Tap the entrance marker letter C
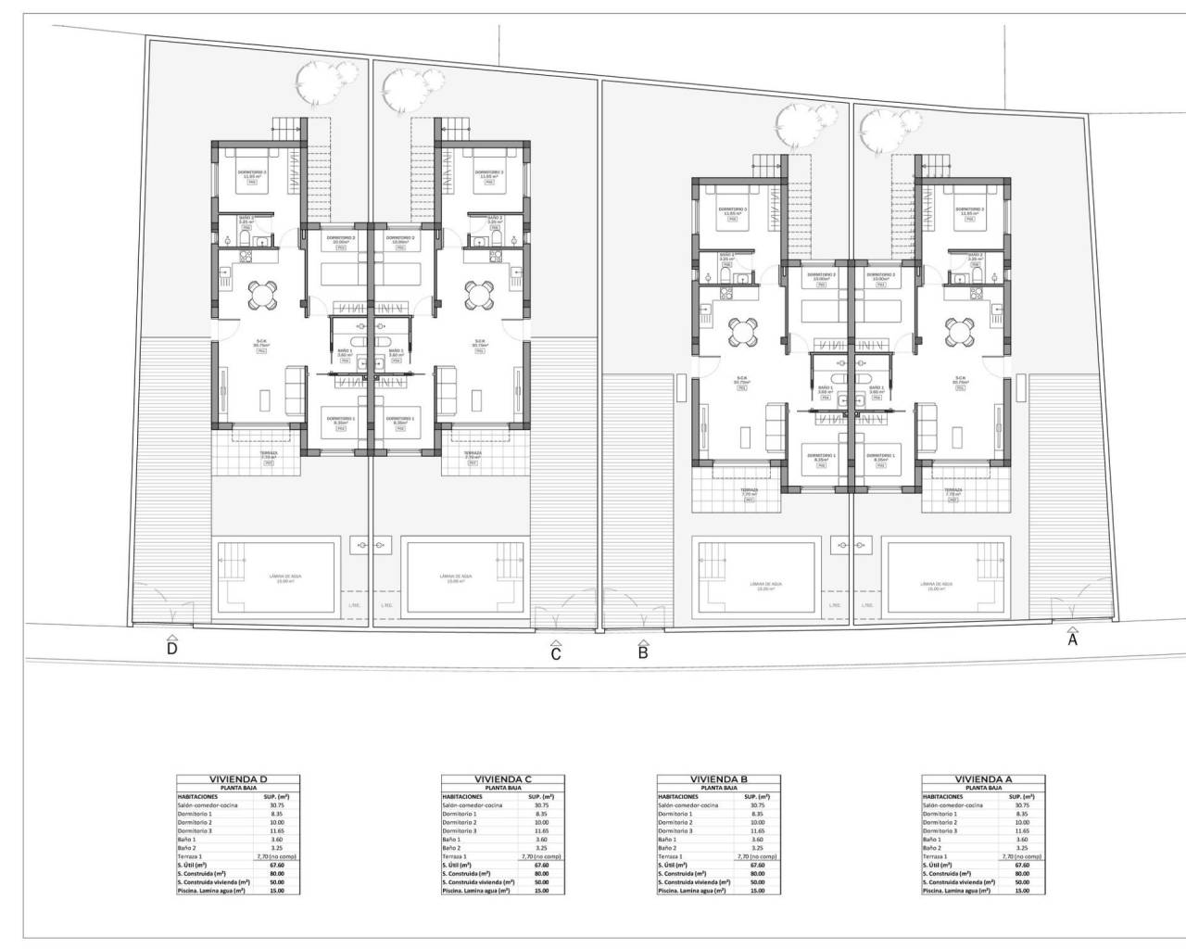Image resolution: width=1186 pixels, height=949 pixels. [556, 653]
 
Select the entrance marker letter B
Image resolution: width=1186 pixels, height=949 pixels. [643, 652]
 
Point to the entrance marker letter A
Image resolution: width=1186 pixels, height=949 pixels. [1073, 639]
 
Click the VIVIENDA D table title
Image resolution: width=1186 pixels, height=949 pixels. [239, 779]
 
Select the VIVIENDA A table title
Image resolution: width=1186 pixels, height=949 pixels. [983, 779]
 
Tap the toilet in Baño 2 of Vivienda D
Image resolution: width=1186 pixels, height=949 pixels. [244, 241]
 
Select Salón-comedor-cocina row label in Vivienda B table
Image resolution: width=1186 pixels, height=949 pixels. [688, 805]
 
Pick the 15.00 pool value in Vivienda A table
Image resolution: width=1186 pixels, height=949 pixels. [1022, 890]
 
